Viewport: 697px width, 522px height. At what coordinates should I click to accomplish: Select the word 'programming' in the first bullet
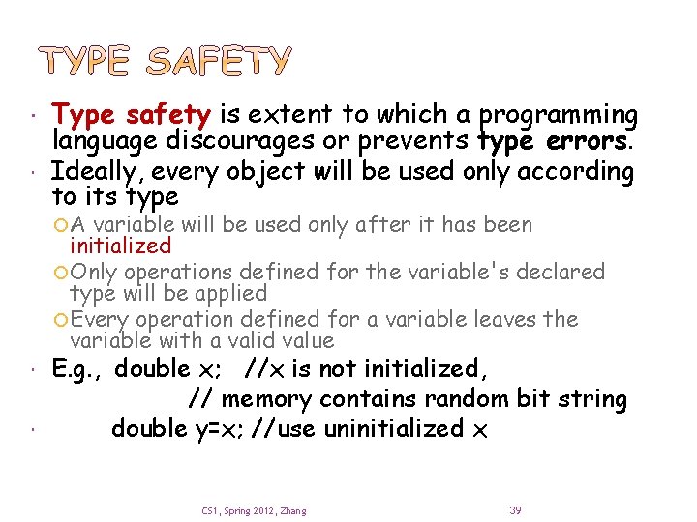pos(559,116)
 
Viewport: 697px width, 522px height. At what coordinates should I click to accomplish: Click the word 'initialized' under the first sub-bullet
pos(120,246)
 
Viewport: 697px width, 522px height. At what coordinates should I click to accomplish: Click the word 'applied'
pos(231,293)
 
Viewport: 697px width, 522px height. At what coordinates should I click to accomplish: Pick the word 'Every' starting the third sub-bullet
pos(100,319)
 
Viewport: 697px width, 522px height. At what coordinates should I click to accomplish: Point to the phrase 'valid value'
pos(281,340)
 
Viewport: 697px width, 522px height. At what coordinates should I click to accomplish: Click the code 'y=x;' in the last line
pos(218,429)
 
